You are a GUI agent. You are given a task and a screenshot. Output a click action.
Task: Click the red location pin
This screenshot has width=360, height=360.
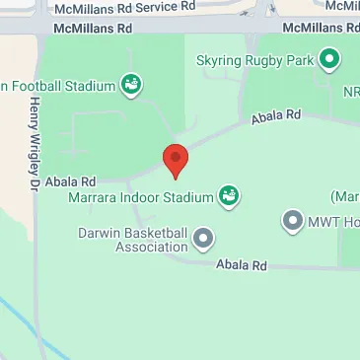175,160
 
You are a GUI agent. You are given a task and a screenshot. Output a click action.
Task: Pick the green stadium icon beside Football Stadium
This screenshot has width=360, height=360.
130,86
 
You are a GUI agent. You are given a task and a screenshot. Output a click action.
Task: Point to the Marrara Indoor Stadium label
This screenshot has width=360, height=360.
141,197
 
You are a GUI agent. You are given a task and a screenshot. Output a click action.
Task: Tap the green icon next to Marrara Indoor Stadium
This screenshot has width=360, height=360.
229,197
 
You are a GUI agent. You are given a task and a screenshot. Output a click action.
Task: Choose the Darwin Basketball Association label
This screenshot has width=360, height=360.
133,240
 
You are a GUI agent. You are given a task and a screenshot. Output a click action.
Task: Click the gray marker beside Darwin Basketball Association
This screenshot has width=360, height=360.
204,238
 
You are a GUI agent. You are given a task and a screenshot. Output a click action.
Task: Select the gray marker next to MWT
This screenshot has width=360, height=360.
293,221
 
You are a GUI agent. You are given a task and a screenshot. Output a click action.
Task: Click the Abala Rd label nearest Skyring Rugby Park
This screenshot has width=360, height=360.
276,116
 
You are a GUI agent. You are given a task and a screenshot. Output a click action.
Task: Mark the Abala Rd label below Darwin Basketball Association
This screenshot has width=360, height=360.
243,265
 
